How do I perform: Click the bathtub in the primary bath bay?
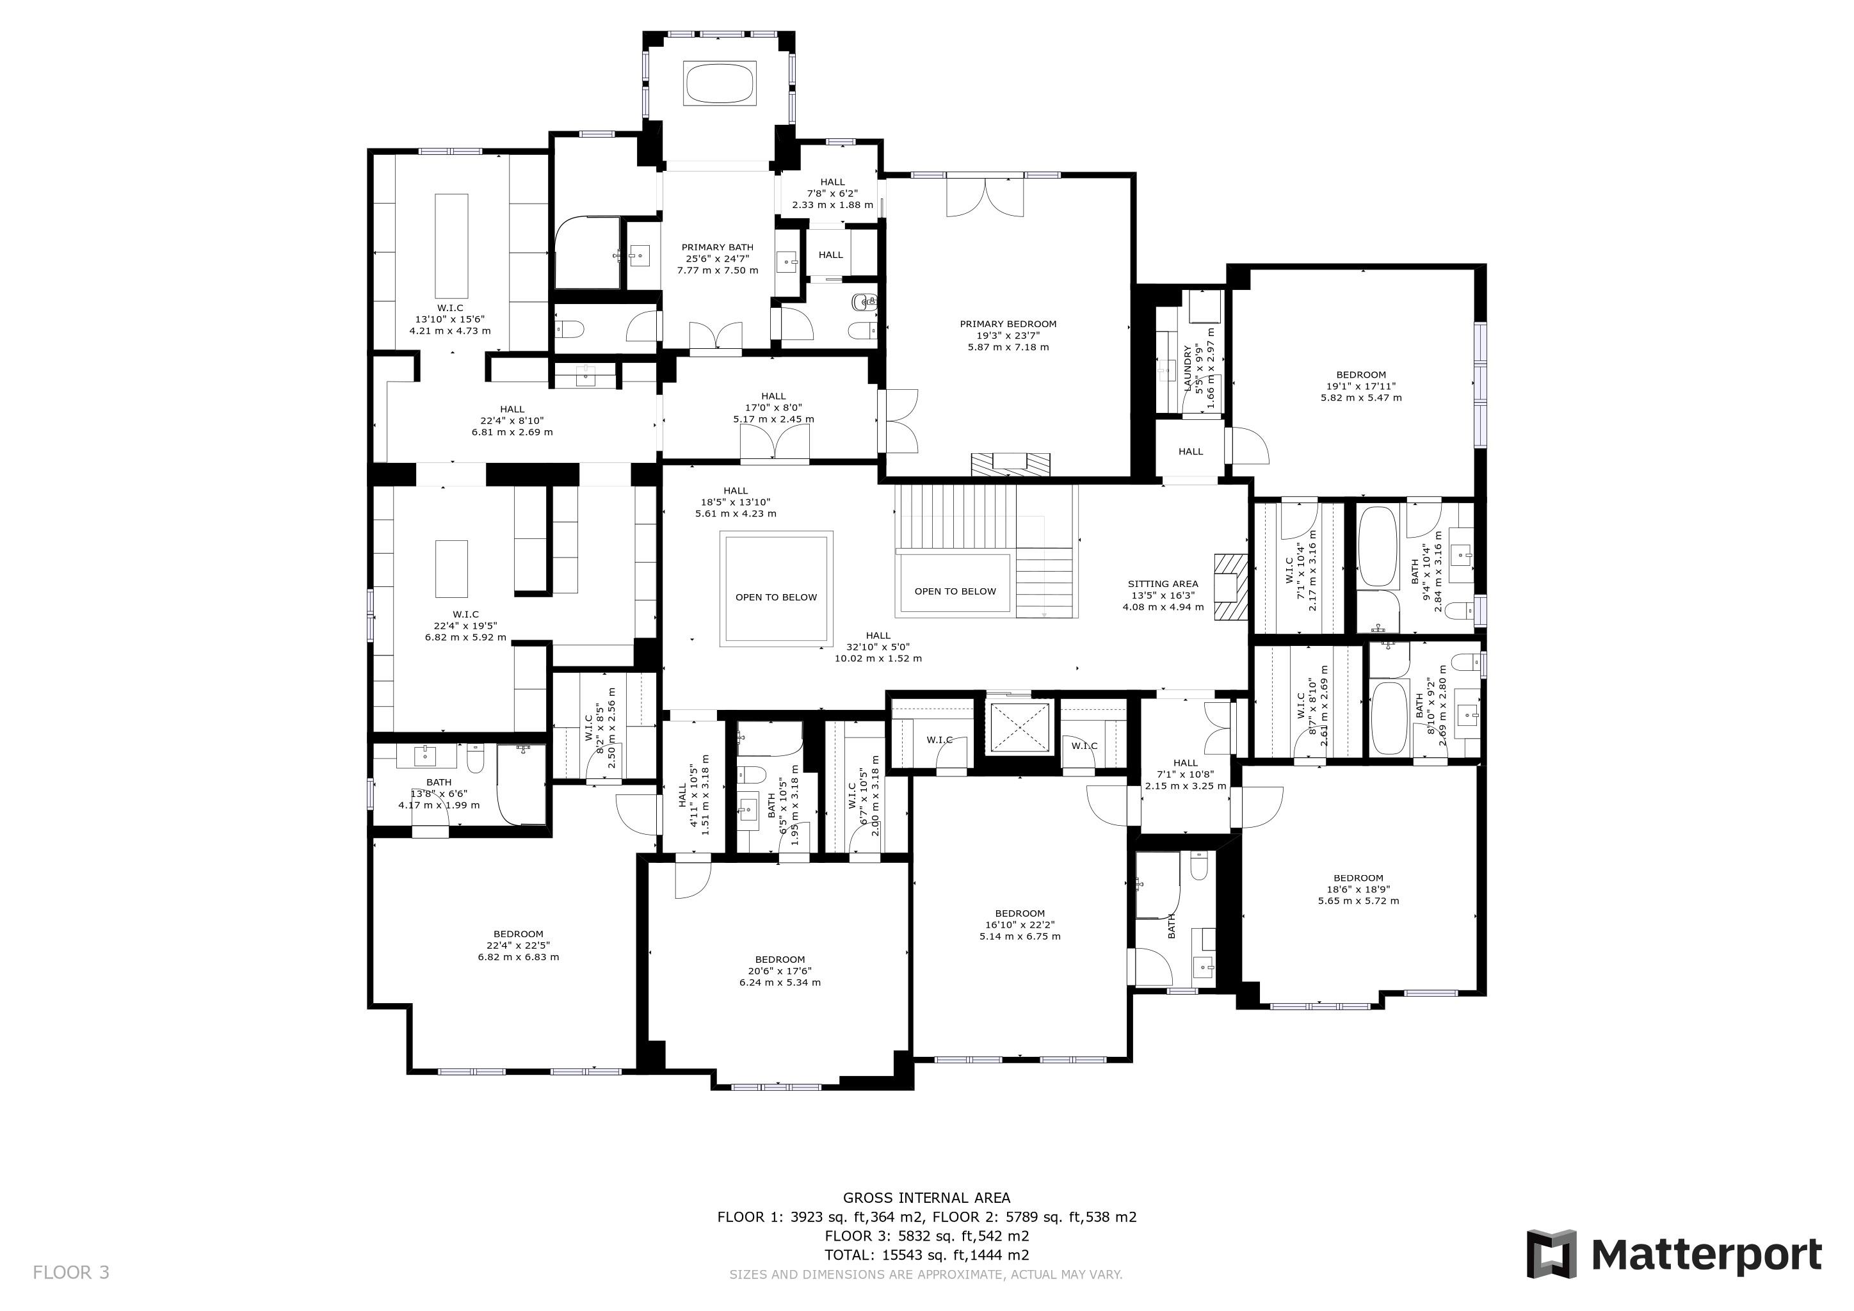coord(720,83)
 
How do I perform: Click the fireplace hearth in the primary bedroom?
coord(1011,464)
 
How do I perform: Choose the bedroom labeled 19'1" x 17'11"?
coord(1362,386)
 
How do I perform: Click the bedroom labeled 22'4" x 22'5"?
coord(519,945)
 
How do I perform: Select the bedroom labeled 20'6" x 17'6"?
coord(780,971)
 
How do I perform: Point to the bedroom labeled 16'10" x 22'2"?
coord(1020,924)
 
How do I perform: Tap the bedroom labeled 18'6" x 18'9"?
coord(1358,889)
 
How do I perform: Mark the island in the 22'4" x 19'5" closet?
coord(451,569)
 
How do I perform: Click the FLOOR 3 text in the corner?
coord(71,1273)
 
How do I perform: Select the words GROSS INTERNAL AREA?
coord(926,1198)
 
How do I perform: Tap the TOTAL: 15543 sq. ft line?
coord(926,1255)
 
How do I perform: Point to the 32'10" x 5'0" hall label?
coord(878,647)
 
